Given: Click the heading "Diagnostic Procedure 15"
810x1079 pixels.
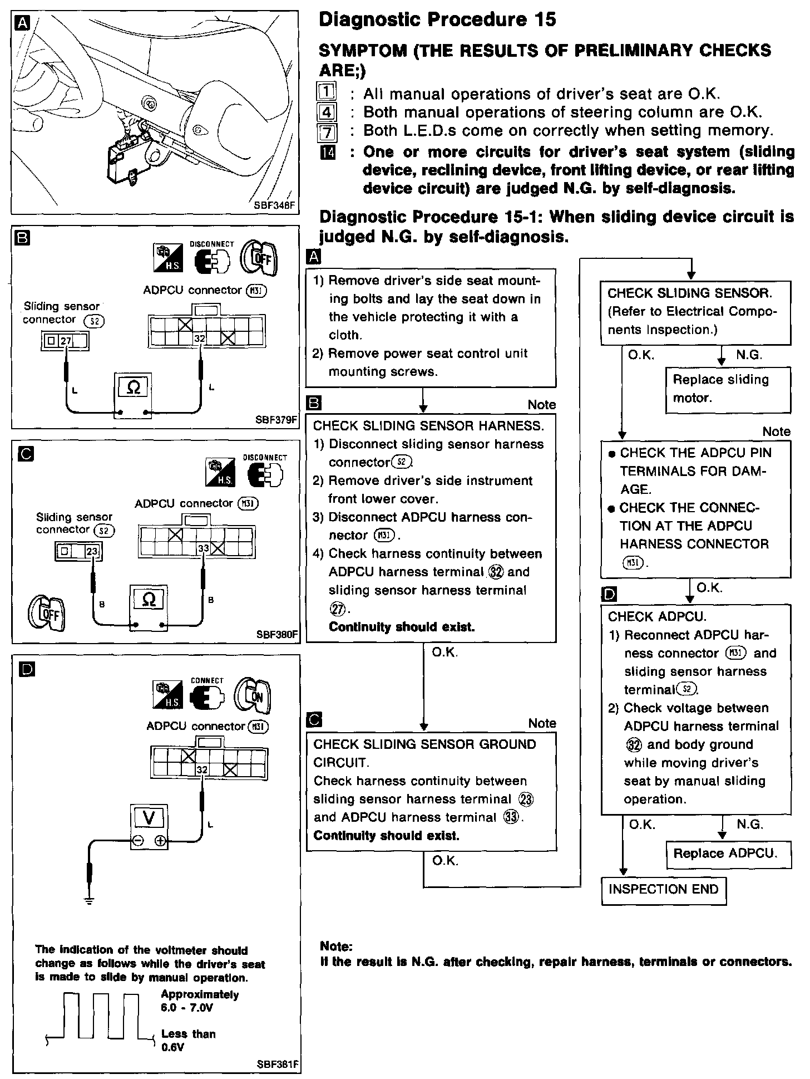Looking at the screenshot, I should tap(437, 20).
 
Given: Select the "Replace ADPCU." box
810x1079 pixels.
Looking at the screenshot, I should tap(728, 854).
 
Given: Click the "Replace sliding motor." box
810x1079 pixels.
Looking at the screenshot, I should tap(728, 389).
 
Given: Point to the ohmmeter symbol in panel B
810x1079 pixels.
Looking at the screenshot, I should tap(133, 388).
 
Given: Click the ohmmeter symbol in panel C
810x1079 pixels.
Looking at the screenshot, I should tap(149, 600).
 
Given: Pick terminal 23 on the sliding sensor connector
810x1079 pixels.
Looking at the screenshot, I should tap(92, 552).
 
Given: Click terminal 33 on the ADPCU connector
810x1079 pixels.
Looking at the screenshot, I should tap(204, 548).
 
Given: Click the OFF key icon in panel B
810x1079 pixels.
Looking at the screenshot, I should tap(258, 259).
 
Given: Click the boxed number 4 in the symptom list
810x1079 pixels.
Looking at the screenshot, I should tap(327, 112).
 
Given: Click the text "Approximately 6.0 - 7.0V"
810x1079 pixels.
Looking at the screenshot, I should tap(200, 1001).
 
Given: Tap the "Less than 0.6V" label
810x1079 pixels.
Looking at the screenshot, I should tap(188, 1041).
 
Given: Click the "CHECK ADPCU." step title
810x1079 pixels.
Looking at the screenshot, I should tap(657, 616).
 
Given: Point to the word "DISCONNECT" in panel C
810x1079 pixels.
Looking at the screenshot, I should tap(265, 458).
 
